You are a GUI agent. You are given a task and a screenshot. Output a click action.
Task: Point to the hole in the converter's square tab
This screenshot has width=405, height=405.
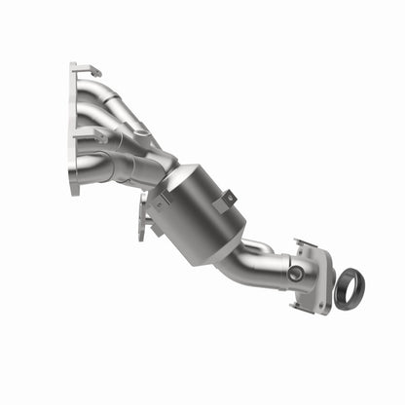pyautogui.click(x=228, y=199)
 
